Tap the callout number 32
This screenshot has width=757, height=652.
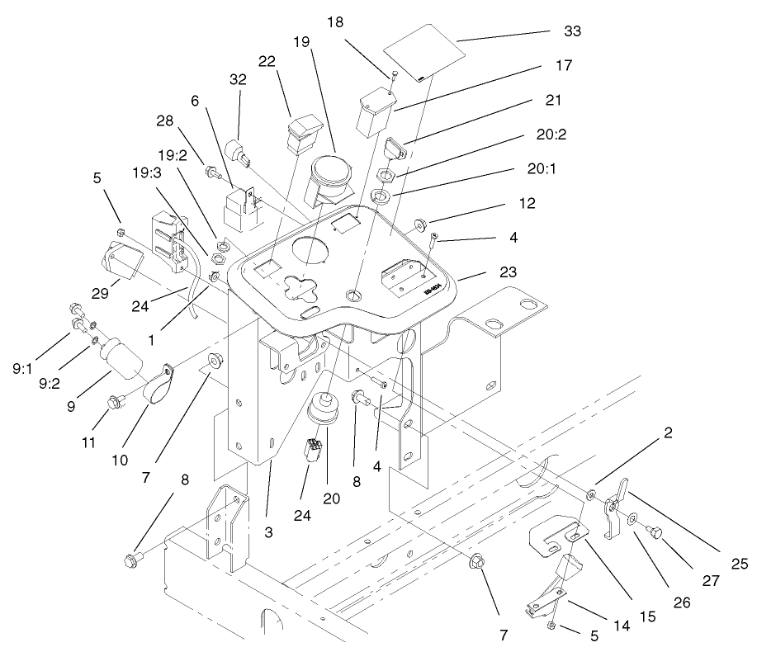pos(238,79)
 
